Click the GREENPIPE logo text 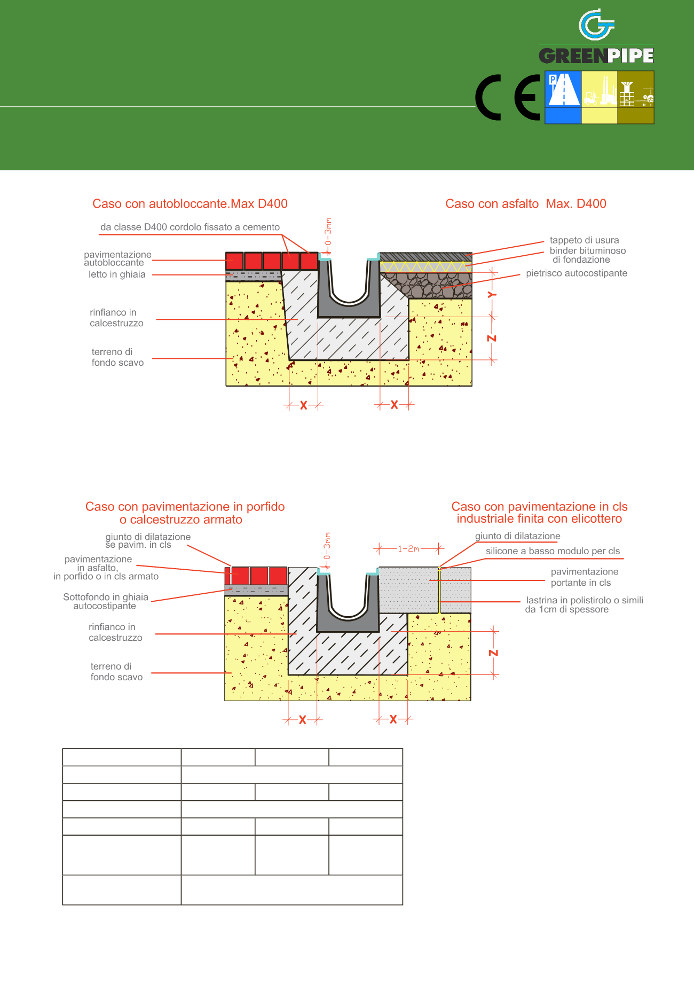(x=596, y=56)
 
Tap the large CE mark (x=508, y=97)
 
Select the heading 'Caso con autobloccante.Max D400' (x=190, y=203)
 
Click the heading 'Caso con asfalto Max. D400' (x=526, y=203)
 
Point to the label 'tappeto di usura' (x=585, y=240)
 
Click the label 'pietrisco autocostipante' (x=577, y=273)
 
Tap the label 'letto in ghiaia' (x=117, y=274)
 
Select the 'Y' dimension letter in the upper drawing (x=492, y=294)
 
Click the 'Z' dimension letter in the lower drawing (x=493, y=652)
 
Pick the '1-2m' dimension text (x=409, y=548)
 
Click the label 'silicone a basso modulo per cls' (x=553, y=551)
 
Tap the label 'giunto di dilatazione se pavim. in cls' (x=148, y=540)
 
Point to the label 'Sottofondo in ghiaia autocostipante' (x=106, y=601)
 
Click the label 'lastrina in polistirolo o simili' (x=585, y=600)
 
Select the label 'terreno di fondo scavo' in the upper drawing (x=117, y=357)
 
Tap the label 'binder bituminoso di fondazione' (x=587, y=255)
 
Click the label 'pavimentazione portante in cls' (x=585, y=577)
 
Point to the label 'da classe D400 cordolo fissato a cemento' (x=190, y=227)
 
